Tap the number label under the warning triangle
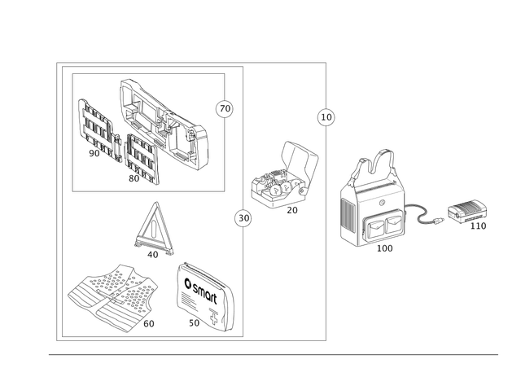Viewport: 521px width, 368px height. [x=152, y=254]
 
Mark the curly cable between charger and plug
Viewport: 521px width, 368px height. [x=426, y=214]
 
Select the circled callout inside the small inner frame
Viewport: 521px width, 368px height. [x=218, y=107]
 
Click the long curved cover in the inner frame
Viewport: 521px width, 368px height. [x=167, y=122]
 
